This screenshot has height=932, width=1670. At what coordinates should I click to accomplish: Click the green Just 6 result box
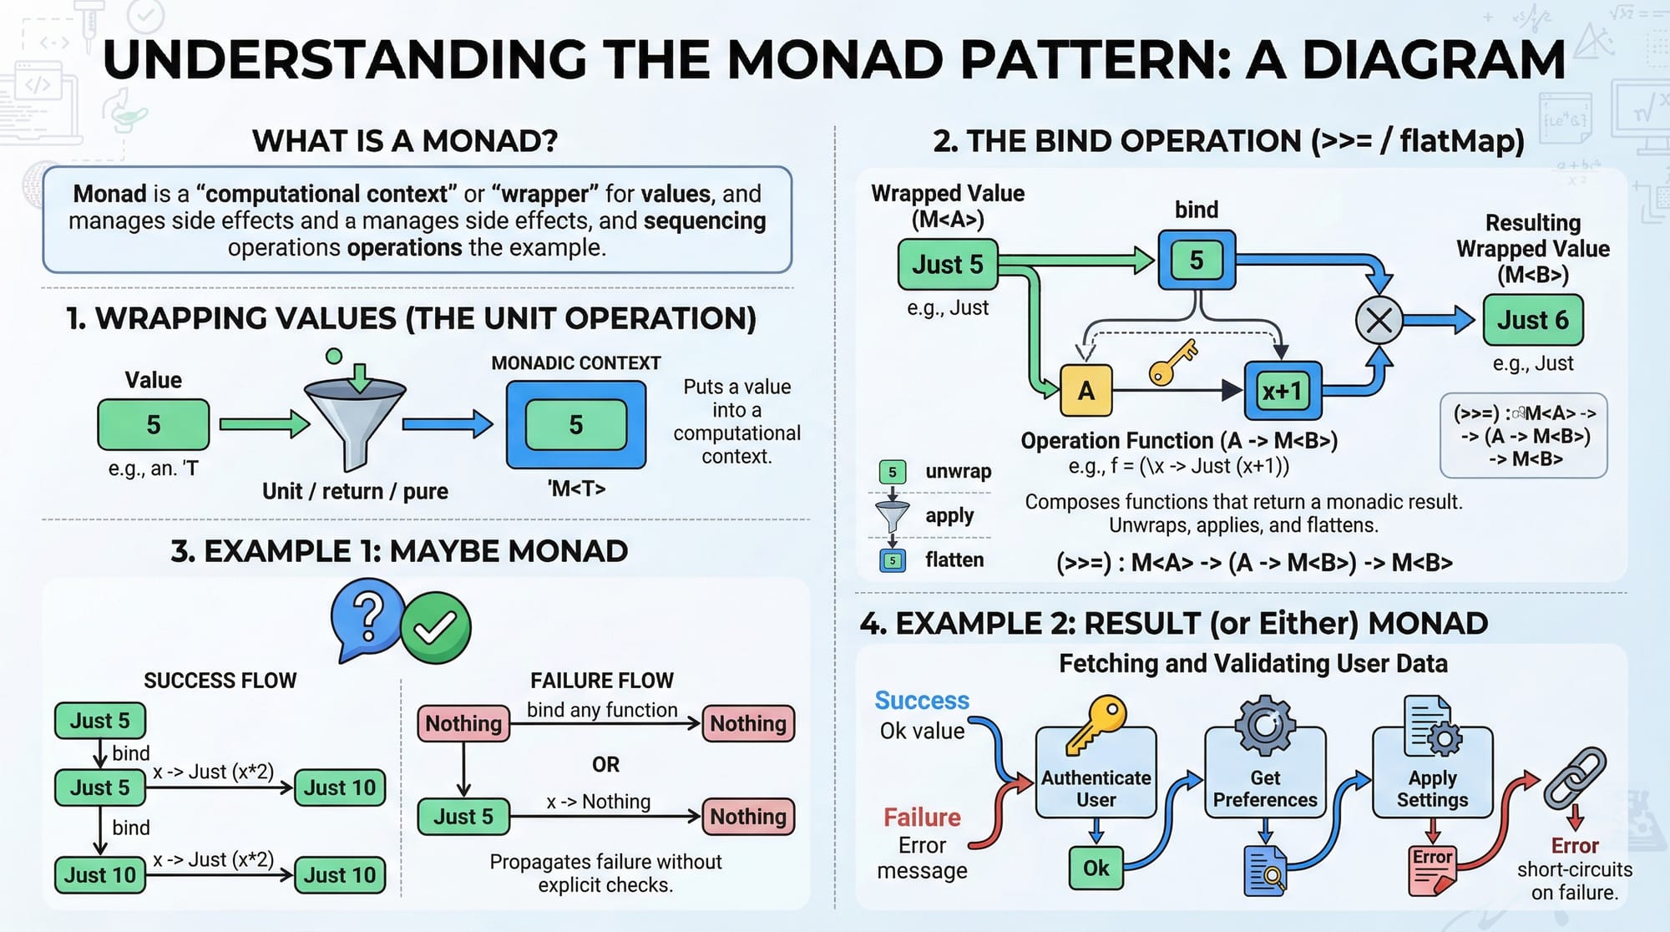click(x=1532, y=320)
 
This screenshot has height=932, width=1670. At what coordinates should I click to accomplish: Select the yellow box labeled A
click(x=1085, y=390)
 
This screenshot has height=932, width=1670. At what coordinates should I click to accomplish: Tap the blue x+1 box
click(x=1282, y=390)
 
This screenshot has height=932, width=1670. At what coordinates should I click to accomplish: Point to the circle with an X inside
click(x=1379, y=320)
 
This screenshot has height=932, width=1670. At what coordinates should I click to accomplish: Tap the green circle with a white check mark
click(x=435, y=628)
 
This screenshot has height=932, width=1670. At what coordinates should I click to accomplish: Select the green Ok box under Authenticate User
click(x=1096, y=868)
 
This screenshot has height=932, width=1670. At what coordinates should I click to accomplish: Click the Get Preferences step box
click(x=1264, y=772)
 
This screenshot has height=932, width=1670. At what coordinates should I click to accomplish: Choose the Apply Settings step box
click(x=1432, y=772)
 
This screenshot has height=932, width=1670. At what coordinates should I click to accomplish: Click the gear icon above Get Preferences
click(x=1265, y=724)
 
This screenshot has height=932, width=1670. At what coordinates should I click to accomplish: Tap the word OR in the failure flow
click(x=605, y=764)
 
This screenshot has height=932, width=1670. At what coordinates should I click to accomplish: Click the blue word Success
click(x=922, y=700)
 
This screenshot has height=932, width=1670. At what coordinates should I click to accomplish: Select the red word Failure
click(x=922, y=817)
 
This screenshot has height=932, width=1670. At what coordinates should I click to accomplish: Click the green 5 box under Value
click(x=154, y=424)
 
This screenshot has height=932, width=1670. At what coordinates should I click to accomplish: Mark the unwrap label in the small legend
click(x=958, y=471)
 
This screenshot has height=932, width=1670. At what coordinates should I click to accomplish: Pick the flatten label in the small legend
click(x=954, y=560)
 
